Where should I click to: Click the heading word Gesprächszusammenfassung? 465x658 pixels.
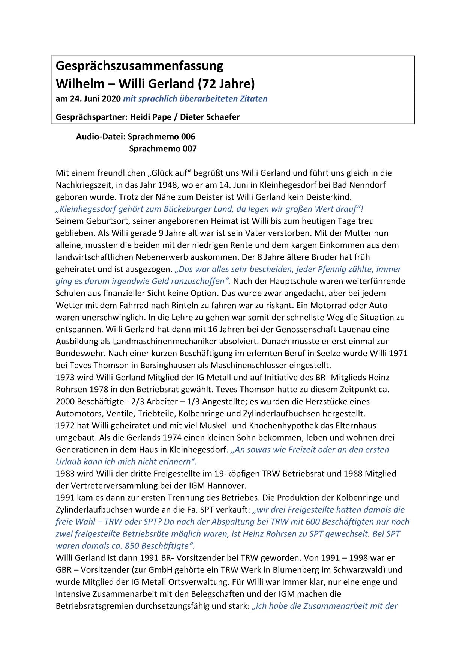point(139,66)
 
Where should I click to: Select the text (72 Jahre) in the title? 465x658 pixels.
point(226,83)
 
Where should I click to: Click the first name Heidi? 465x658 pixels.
point(140,117)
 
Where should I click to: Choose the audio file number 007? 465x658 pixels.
point(189,149)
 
